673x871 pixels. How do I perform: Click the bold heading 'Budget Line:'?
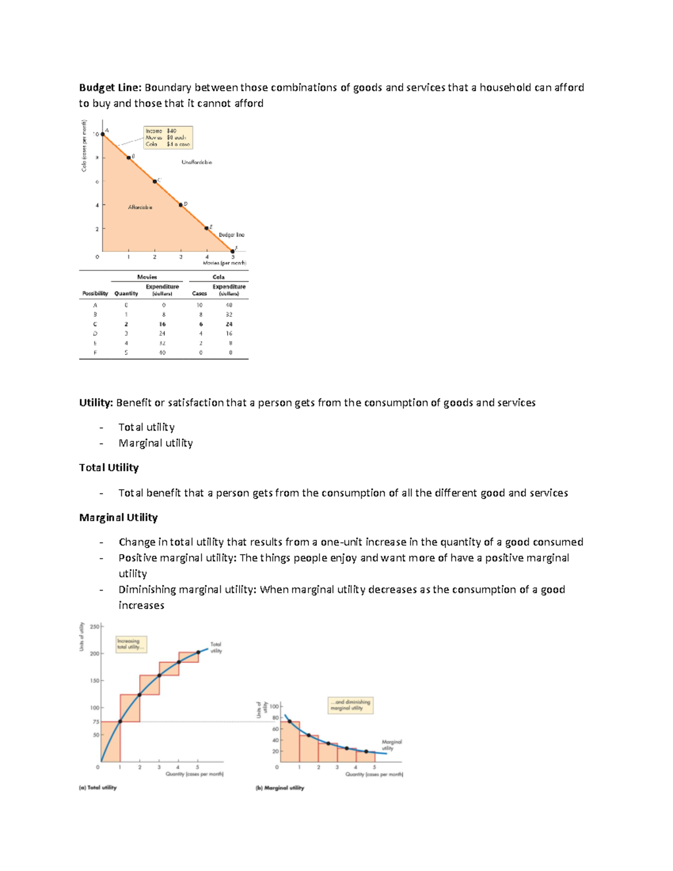110,87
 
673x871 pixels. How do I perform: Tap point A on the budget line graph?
103,134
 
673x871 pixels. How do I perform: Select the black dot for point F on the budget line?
233,251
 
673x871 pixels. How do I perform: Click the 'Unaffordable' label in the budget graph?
196,162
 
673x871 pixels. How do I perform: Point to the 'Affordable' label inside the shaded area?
140,208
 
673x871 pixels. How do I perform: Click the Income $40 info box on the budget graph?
168,137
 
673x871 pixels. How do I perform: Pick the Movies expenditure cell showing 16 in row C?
162,324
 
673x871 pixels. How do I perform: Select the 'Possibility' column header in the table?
95,293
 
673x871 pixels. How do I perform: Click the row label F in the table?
95,353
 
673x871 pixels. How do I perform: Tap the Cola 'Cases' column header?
199,293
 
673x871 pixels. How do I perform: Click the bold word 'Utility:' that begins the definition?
96,403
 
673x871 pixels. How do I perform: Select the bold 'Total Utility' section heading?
109,468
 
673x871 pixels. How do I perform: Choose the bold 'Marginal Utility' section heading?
118,518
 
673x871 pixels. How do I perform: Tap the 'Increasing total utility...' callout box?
131,644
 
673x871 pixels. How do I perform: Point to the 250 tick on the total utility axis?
95,626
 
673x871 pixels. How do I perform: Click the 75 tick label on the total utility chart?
96,722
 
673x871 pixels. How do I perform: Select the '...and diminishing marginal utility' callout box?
350,705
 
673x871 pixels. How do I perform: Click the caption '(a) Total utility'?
98,787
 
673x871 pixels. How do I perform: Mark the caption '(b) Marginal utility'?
280,788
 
